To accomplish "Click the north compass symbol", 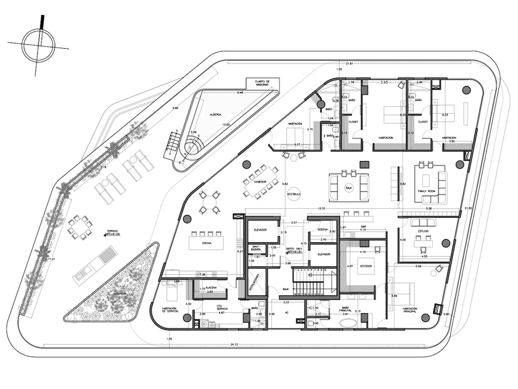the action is (x=38, y=44).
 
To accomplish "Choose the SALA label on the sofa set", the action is (x=348, y=187).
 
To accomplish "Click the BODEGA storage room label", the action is (x=323, y=229).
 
